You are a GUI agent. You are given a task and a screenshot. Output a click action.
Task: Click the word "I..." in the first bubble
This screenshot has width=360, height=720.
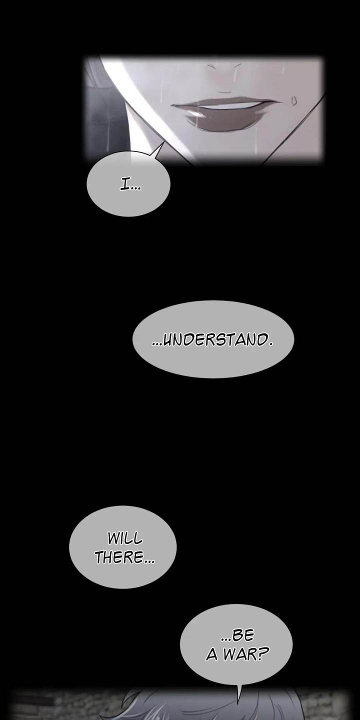pos(130,185)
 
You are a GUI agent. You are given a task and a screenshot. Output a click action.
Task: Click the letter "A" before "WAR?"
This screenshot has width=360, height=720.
pos(212,655)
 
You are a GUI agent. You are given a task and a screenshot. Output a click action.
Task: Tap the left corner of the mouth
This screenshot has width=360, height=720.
pos(172,105)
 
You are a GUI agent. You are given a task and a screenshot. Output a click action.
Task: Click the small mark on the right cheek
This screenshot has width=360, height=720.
pos(294,101)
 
